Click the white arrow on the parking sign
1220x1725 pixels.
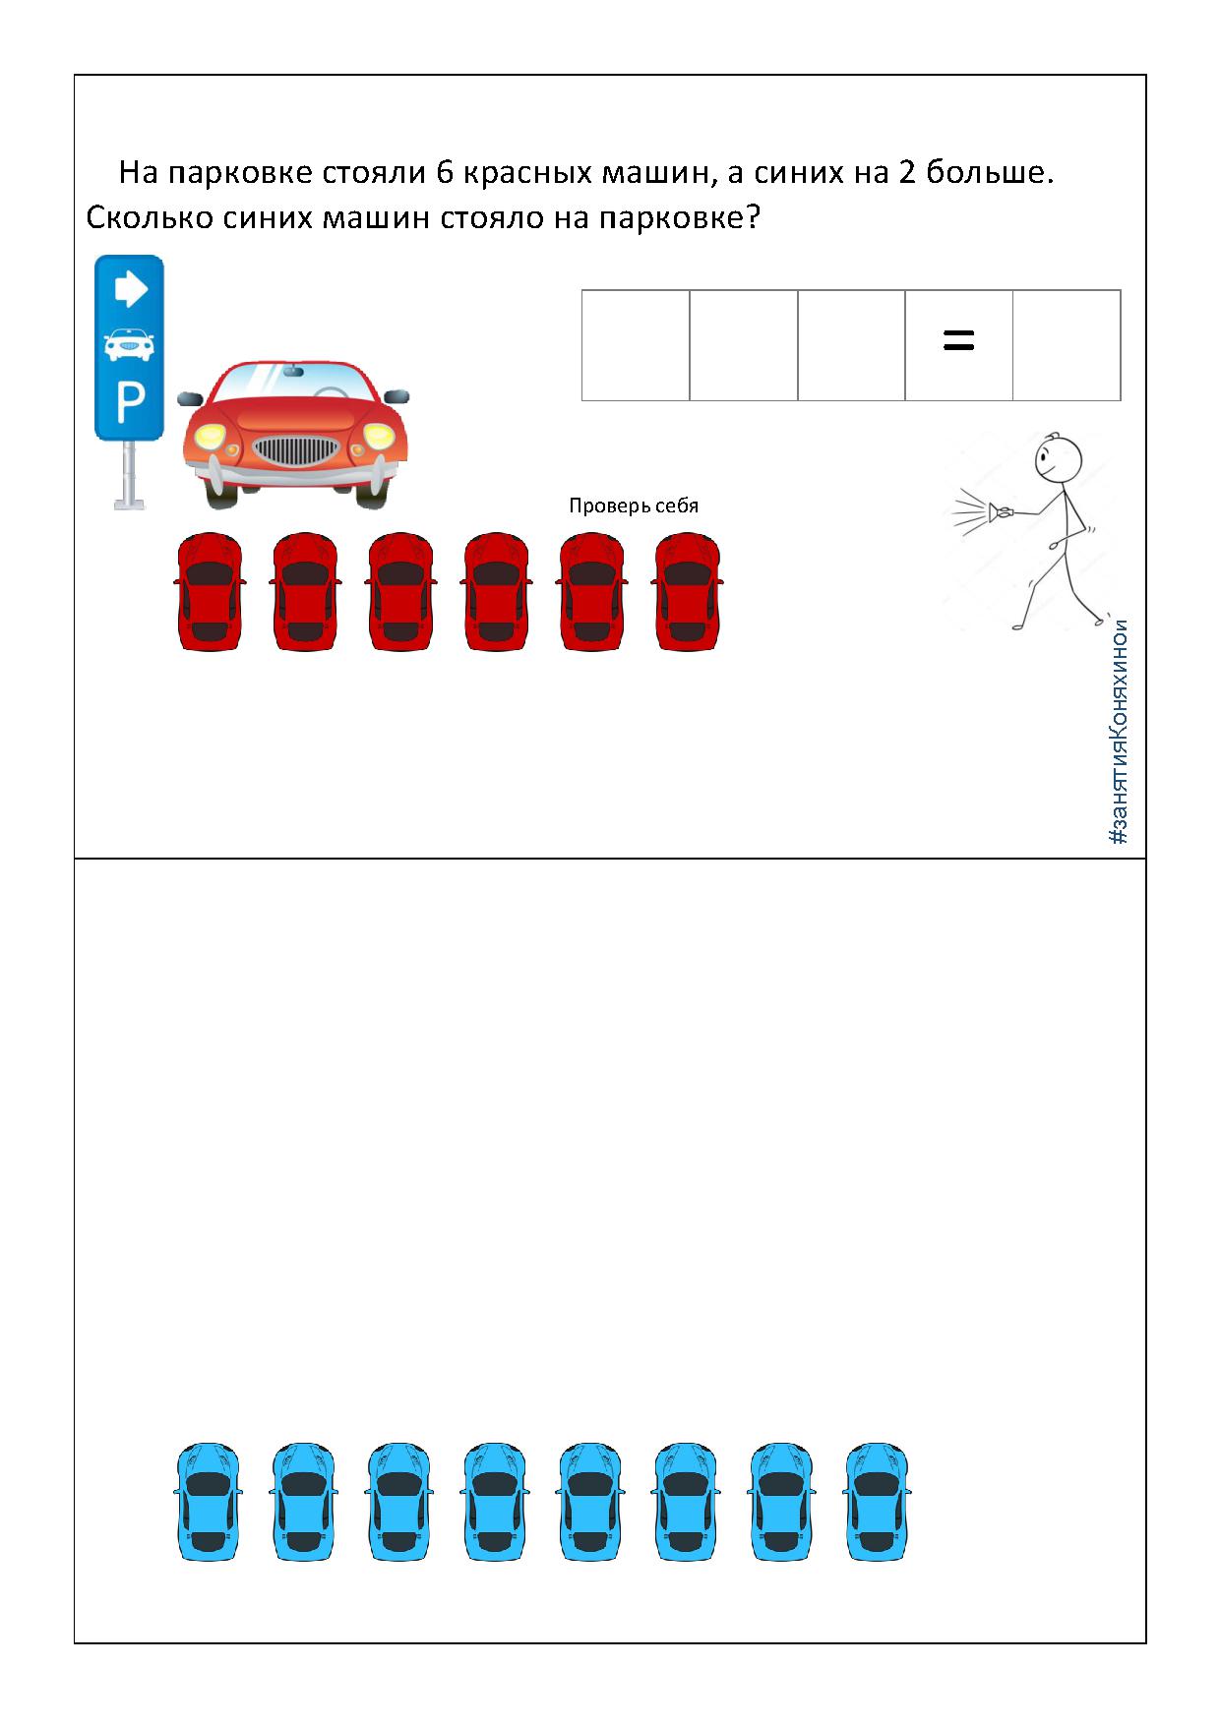pos(131,289)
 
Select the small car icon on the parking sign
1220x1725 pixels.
pos(130,343)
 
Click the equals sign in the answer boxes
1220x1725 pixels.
pos(958,341)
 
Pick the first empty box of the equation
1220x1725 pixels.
pos(636,345)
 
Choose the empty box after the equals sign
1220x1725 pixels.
pos(1067,345)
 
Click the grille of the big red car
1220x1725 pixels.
pos(296,449)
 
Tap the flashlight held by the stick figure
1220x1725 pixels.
pos(1003,510)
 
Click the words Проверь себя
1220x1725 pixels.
pos(634,506)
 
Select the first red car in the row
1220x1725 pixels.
pos(210,591)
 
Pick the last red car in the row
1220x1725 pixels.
pos(688,591)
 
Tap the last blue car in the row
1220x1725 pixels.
pos(878,1502)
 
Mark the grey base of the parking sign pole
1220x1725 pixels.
pos(130,505)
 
